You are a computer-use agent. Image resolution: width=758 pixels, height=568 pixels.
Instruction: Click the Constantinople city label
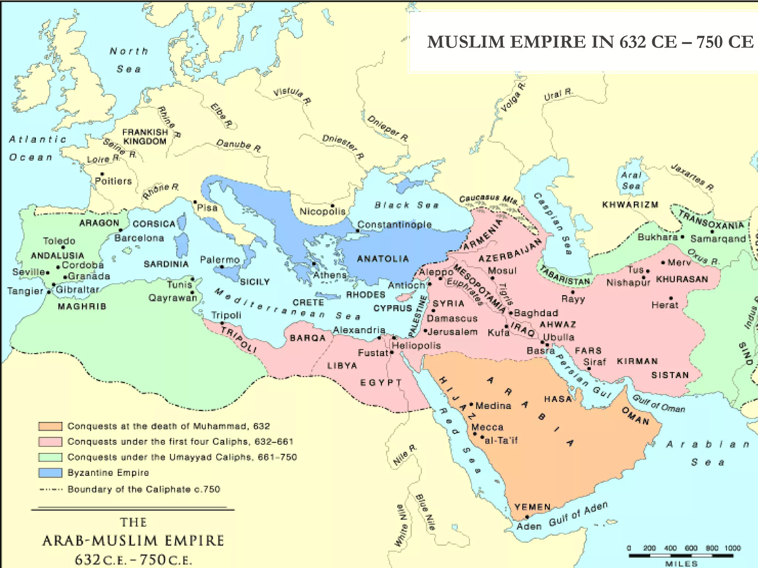click(x=394, y=224)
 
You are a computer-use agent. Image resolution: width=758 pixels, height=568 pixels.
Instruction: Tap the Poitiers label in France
click(x=113, y=181)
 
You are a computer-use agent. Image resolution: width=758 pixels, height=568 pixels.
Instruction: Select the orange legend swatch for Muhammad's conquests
click(x=50, y=426)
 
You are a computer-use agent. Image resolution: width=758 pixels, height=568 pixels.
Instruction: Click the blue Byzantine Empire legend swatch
click(x=50, y=473)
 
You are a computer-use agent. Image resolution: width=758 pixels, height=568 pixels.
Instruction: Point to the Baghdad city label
click(x=536, y=313)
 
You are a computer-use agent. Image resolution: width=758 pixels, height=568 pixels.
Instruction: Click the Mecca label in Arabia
click(x=487, y=427)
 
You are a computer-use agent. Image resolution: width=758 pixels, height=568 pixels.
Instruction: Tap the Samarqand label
click(x=718, y=239)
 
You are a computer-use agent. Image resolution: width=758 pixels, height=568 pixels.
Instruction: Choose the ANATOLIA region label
click(x=383, y=259)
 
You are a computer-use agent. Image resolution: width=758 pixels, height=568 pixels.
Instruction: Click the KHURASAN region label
click(x=682, y=279)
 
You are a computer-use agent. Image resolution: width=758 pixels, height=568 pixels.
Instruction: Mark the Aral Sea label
click(x=631, y=180)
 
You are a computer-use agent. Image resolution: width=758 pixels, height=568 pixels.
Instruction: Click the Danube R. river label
click(x=239, y=145)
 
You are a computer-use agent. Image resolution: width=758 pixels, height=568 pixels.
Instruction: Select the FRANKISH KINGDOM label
click(x=145, y=136)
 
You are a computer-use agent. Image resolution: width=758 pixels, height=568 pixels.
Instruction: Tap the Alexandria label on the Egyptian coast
click(x=359, y=330)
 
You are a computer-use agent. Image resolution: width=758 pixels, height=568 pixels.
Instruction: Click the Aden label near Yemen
click(x=529, y=526)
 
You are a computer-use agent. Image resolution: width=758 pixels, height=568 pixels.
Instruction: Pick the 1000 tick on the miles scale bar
click(x=732, y=548)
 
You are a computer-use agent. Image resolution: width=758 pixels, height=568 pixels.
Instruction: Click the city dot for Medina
click(x=471, y=404)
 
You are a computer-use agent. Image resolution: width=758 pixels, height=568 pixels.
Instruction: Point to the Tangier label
click(x=25, y=291)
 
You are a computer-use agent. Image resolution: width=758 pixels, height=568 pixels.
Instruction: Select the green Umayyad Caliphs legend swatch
click(x=50, y=457)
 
